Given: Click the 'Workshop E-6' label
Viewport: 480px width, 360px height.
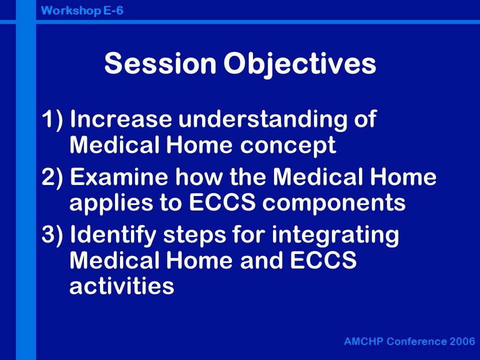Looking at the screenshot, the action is (x=82, y=10).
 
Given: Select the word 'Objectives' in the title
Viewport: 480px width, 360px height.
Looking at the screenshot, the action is (x=299, y=65).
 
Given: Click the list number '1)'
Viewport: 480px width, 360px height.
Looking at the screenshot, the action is (x=52, y=119).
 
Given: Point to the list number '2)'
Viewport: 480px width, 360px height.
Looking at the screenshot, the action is (x=52, y=177).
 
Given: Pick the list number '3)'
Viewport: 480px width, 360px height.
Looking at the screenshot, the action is (x=52, y=234).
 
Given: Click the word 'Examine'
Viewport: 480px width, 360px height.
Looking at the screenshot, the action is (x=119, y=176).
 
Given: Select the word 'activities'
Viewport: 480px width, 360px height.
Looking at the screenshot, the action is (x=122, y=285).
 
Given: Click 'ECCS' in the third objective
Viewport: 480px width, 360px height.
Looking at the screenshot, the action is (x=323, y=260).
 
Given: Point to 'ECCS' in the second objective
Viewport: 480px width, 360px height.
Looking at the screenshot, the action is (x=222, y=202).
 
